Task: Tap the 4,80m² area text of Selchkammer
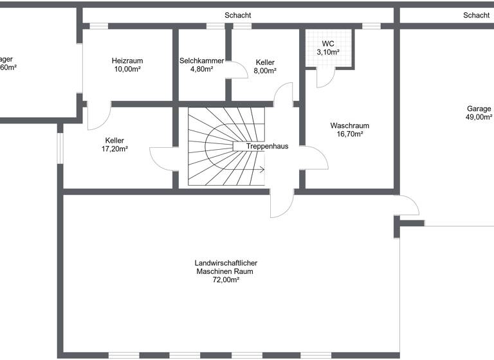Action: pos(201,69)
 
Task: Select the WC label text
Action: pos(328,44)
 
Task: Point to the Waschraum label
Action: pos(349,125)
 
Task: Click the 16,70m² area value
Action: pos(349,134)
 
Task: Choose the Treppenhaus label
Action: pos(266,146)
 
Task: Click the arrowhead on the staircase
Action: pos(262,170)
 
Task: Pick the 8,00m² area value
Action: pos(266,71)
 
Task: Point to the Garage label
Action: pos(479,109)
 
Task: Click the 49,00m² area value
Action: pos(479,118)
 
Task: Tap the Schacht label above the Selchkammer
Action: pos(237,15)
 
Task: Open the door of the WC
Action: pos(325,77)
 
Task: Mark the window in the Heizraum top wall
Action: pos(98,26)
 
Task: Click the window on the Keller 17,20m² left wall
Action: pos(60,148)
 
